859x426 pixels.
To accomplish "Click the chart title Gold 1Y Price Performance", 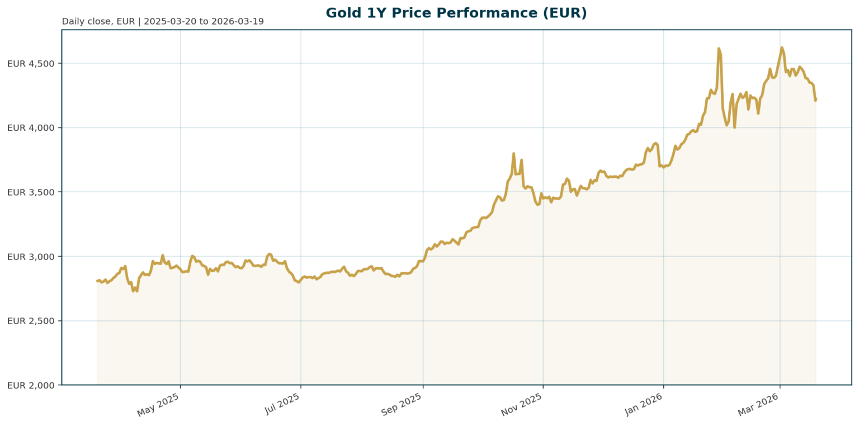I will [x=456, y=13].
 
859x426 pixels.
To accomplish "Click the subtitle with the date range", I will [x=163, y=22].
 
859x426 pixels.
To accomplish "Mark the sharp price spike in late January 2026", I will [x=719, y=49].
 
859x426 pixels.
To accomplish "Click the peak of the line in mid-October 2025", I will [x=513, y=153].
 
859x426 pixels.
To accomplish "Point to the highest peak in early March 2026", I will [x=782, y=48].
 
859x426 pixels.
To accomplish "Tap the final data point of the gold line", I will [x=815, y=100].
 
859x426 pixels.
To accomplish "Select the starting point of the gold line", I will [x=97, y=281].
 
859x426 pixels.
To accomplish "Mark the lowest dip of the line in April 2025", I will [x=133, y=291].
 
